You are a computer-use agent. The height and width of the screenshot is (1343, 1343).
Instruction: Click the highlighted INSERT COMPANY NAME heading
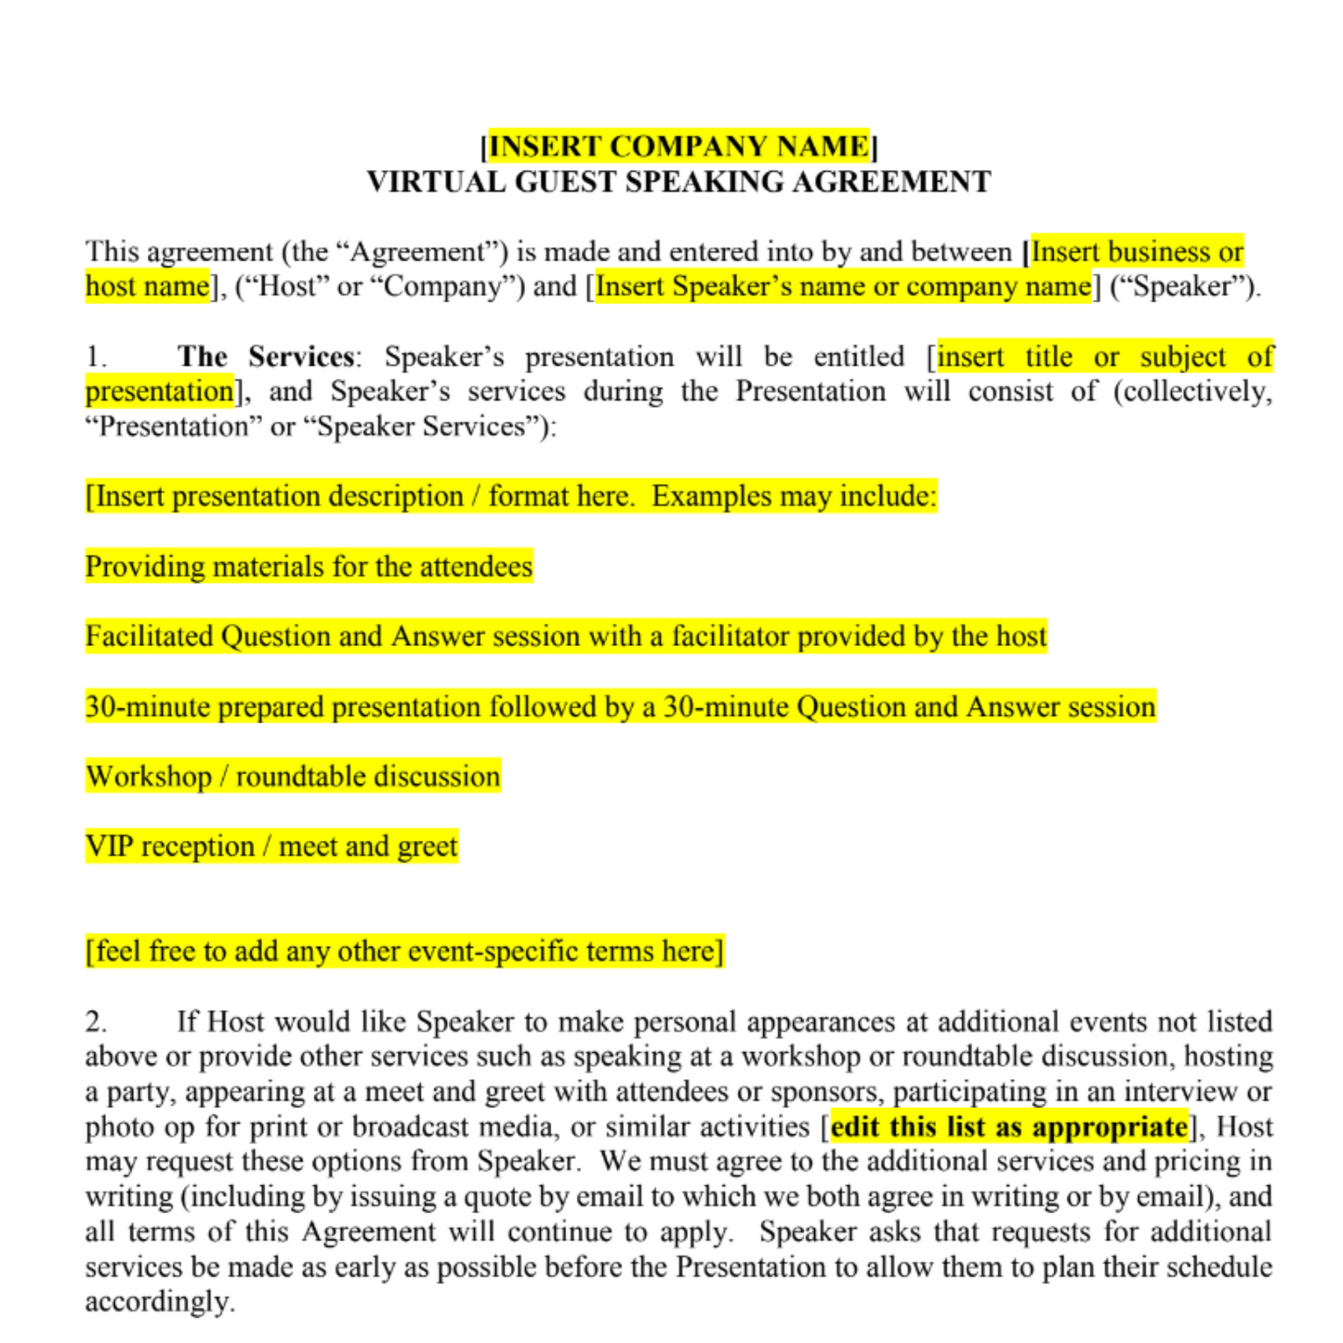pos(678,146)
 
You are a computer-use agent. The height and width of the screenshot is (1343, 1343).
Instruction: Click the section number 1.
pos(96,357)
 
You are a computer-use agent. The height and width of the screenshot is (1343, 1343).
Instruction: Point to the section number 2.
pos(96,1021)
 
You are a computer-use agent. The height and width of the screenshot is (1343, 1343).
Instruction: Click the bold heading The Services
pos(266,357)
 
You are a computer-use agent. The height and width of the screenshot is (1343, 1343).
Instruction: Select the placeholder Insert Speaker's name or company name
pos(843,286)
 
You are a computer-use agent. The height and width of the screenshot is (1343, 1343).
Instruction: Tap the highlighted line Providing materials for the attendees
pos(309,566)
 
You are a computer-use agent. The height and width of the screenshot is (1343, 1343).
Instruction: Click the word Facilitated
pos(149,637)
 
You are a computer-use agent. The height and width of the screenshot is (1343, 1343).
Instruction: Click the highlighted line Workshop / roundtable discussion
pos(293,776)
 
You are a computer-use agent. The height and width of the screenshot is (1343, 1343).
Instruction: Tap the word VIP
pos(109,847)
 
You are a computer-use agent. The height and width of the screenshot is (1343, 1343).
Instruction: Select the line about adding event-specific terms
pos(404,951)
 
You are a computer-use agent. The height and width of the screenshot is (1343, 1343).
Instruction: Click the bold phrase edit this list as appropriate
pos(1008,1126)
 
